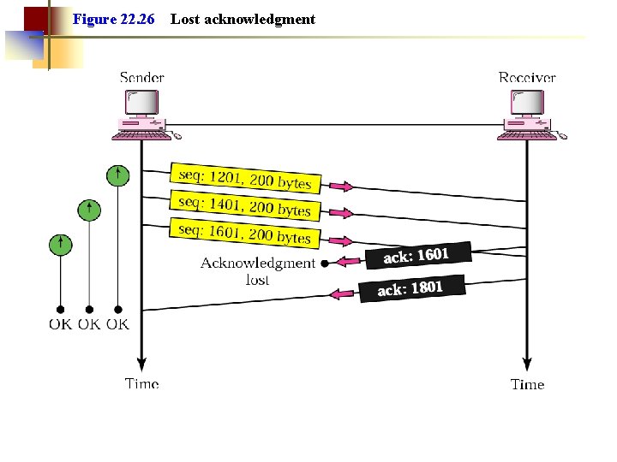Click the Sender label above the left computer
coord(142,78)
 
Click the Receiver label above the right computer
coord(527,78)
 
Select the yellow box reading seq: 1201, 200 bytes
coord(245,177)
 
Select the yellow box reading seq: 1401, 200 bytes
coord(245,205)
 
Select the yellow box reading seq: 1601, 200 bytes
coord(245,233)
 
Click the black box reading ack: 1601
coord(416,254)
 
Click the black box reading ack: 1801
coord(410,288)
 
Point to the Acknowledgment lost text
coord(257,270)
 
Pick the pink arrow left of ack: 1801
coord(343,293)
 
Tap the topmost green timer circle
coord(117,175)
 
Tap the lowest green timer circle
coord(60,244)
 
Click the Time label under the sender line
coord(142,383)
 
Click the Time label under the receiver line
coord(527,384)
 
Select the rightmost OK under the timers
coord(118,324)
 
